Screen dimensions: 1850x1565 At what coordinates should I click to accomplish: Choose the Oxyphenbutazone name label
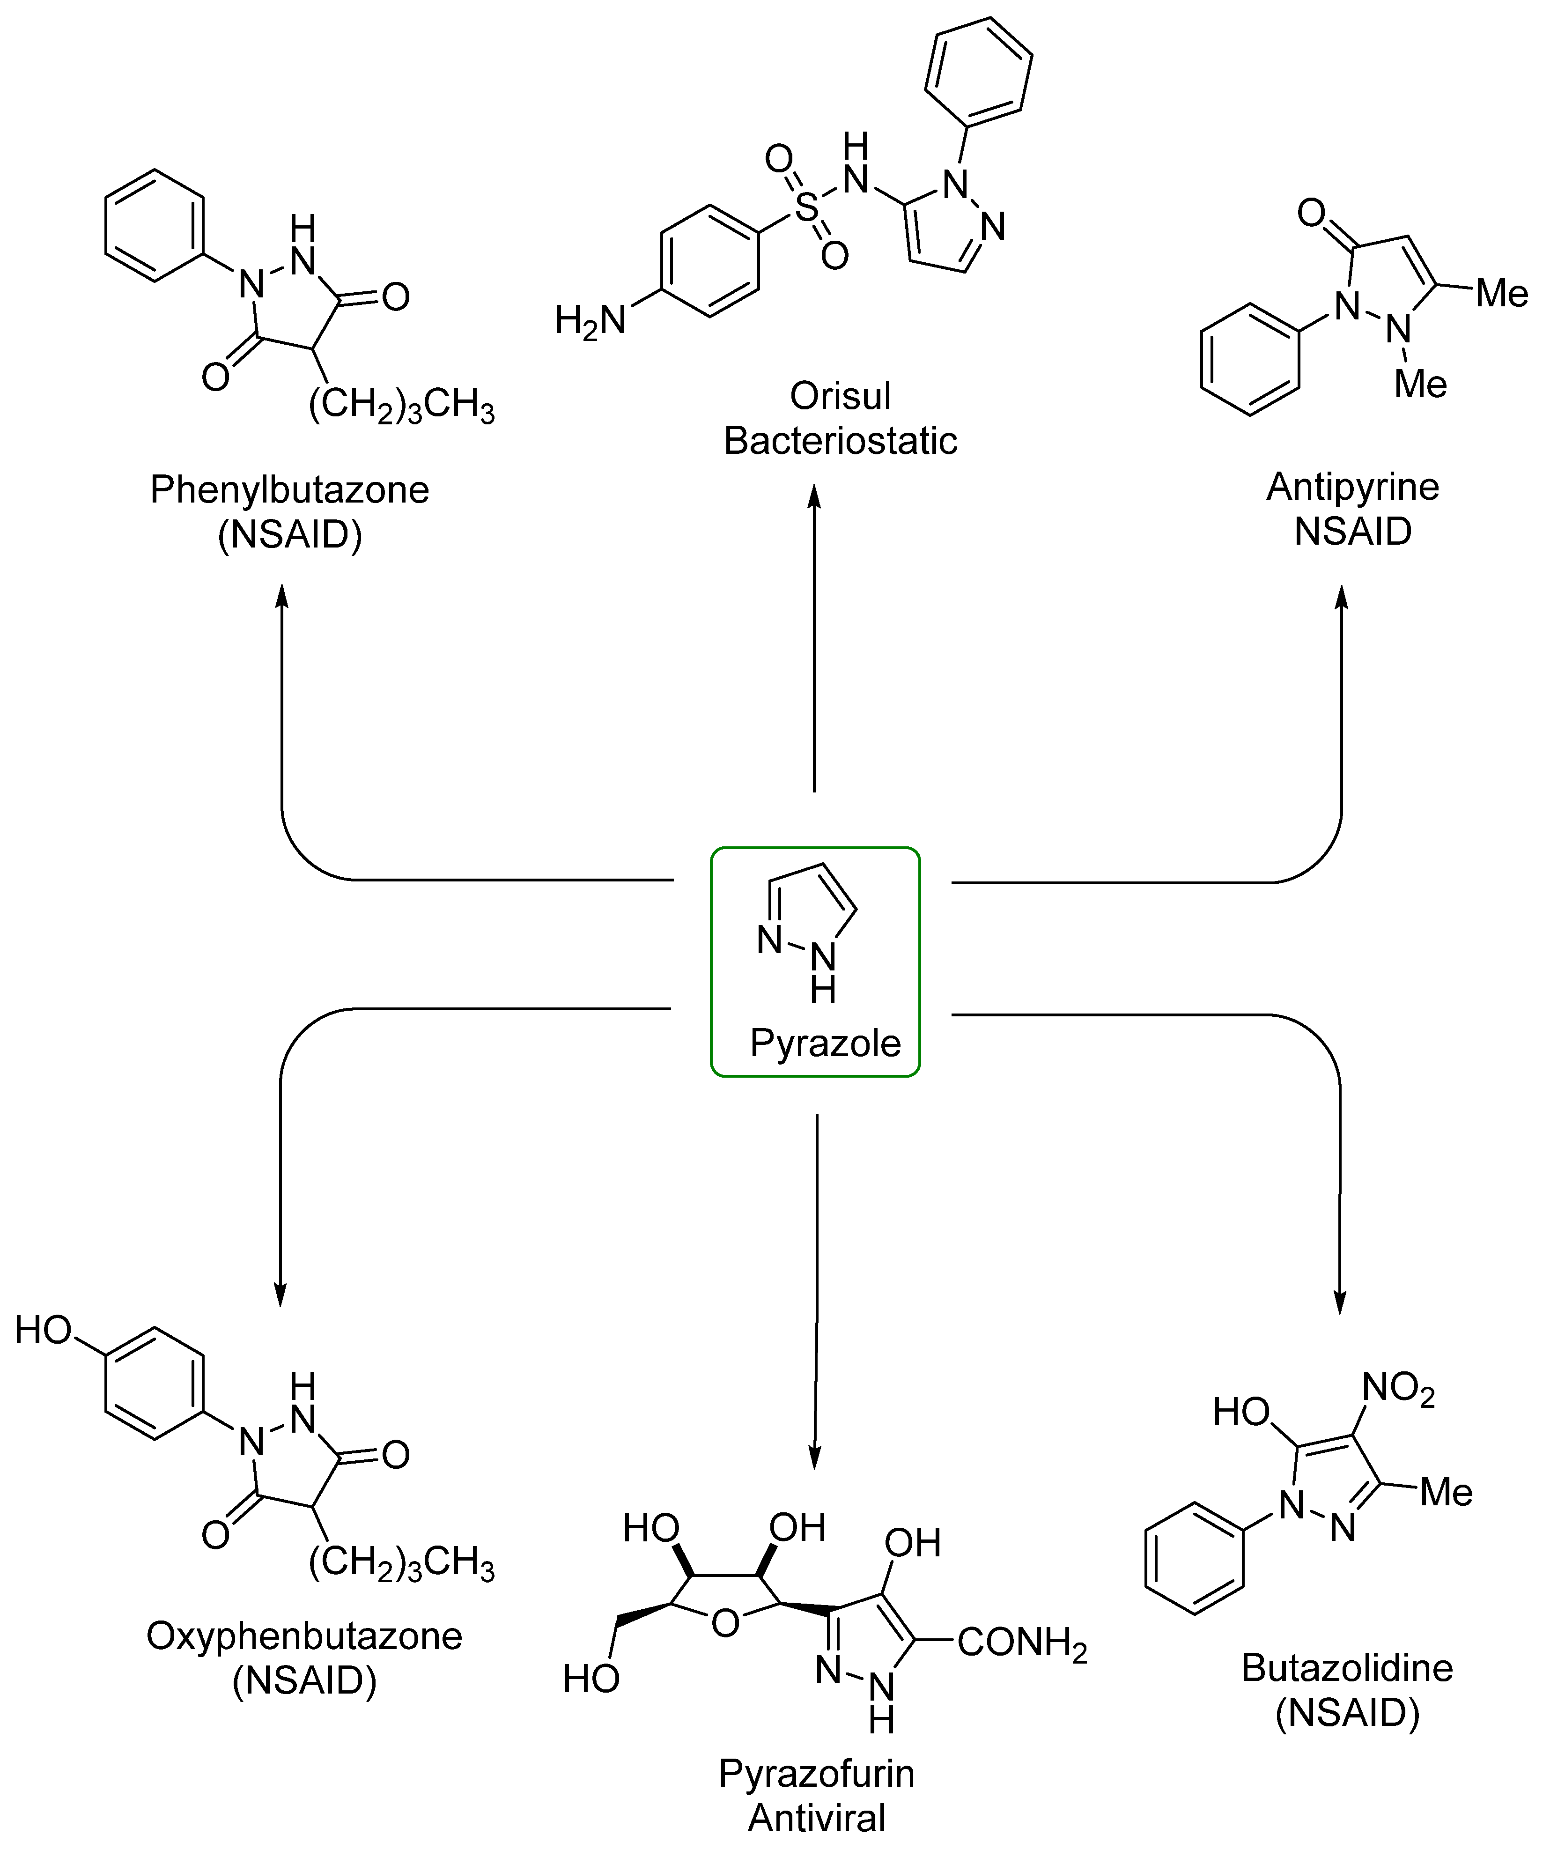304,1636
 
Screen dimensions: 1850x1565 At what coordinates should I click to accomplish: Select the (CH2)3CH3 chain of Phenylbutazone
401,407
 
